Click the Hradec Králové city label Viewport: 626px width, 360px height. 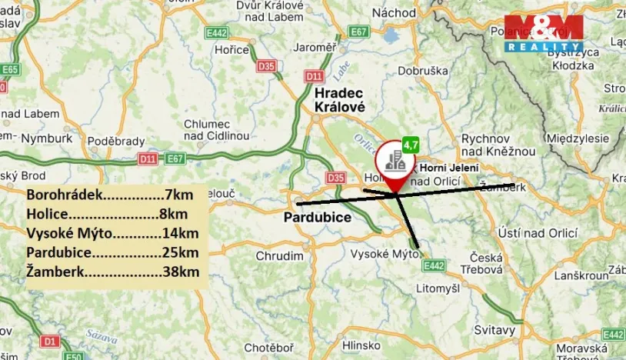coord(339,100)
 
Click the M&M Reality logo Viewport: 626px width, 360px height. coord(543,33)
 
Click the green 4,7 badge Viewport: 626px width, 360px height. coord(411,145)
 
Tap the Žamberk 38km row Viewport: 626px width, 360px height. coord(112,272)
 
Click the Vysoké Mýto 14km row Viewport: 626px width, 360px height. coord(112,233)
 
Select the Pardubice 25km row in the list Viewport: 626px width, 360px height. coord(112,252)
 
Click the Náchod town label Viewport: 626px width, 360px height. coord(394,13)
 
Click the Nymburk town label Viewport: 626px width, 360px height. coord(46,139)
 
